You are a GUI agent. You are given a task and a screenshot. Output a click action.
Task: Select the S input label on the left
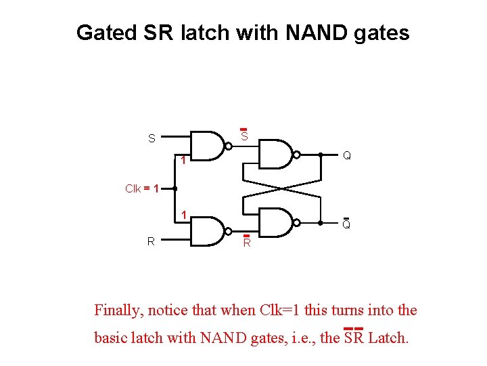point(152,139)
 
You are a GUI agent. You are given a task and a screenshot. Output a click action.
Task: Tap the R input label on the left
point(152,241)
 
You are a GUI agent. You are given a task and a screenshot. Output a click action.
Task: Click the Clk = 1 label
point(142,188)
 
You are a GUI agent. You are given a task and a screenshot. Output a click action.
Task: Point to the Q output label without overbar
point(346,155)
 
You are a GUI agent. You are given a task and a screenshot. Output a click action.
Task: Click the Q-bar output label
point(346,224)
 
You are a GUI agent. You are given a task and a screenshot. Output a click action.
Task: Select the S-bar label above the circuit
point(244,136)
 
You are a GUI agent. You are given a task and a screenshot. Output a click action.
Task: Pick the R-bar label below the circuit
point(247,242)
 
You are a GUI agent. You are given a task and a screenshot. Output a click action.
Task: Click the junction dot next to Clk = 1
point(175,188)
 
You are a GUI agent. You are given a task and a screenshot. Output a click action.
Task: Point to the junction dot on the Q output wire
point(320,155)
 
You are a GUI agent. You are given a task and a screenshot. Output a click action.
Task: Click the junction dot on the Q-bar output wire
point(320,222)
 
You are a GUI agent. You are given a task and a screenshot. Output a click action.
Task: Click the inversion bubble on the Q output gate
point(297,155)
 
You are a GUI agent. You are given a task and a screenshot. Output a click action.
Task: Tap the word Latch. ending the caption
point(388,337)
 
